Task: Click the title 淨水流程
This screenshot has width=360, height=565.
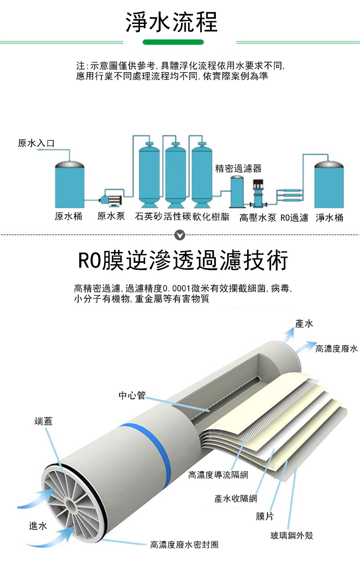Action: pos(172,22)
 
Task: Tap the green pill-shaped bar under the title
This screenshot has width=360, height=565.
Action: pos(173,42)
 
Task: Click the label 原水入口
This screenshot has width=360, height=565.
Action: pos(36,143)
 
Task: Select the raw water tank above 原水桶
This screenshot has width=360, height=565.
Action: pos(70,185)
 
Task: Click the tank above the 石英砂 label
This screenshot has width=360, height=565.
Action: pos(149,174)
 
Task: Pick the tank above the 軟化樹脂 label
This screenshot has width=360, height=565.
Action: pos(202,174)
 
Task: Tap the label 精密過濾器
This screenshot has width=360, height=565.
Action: pos(238,169)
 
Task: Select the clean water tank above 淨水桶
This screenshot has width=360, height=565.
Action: pos(328,185)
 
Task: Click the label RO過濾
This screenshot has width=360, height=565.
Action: pos(294,218)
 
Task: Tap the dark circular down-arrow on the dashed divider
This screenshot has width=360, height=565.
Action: pos(180,235)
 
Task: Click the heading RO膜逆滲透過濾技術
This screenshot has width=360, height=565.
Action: pos(183,261)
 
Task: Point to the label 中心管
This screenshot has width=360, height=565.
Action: pos(132,395)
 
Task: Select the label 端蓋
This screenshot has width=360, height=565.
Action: pos(44,421)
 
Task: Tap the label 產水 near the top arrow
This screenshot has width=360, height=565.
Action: pos(304,324)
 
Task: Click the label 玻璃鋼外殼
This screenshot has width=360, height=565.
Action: pos(291,535)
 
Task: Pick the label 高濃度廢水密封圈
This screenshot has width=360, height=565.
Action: pos(184,545)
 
